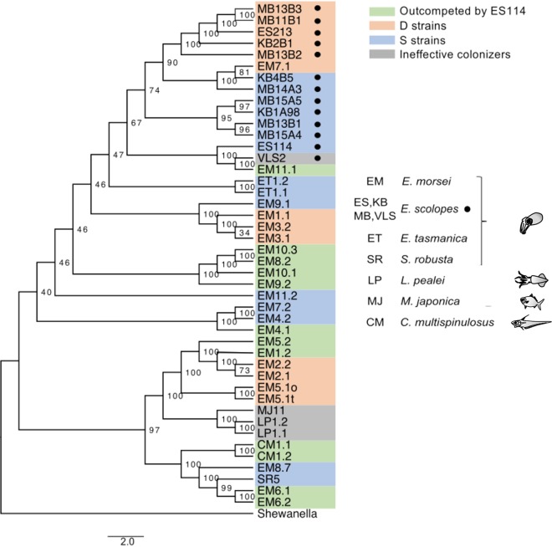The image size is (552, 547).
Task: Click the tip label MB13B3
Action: point(277,8)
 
